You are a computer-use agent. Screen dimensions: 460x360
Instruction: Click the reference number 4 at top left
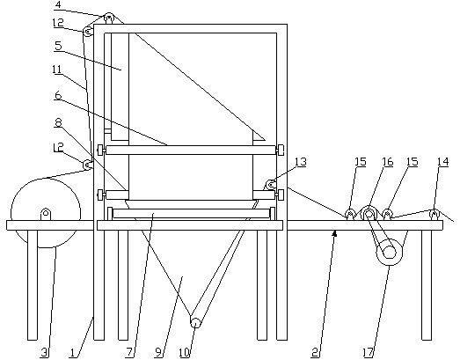click(59, 5)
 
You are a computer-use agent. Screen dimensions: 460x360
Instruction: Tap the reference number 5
click(58, 46)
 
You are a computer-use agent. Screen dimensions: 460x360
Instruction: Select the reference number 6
click(58, 95)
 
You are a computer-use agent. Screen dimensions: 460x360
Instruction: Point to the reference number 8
click(58, 122)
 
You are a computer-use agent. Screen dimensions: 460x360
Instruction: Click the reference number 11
click(57, 70)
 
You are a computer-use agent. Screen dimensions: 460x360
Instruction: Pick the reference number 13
click(301, 161)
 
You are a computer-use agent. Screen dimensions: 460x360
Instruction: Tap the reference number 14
click(443, 161)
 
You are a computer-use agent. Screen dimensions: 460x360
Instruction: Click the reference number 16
click(388, 161)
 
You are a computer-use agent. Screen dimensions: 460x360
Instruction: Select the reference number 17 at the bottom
click(368, 353)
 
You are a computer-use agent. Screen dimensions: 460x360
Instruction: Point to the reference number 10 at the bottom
click(185, 353)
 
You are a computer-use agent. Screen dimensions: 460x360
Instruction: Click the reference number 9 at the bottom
click(158, 353)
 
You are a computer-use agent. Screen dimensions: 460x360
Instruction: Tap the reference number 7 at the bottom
click(129, 353)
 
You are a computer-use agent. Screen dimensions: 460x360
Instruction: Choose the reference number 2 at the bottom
click(315, 353)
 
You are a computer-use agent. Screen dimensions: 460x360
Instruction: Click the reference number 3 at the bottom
click(45, 353)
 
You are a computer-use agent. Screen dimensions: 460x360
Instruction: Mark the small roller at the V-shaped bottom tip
click(195, 322)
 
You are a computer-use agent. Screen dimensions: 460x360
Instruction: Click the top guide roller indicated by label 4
click(109, 18)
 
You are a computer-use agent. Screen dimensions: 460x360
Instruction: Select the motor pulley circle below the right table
click(390, 253)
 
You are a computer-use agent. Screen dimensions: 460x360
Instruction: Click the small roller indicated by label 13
click(270, 185)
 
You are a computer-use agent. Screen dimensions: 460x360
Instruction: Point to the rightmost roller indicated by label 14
click(434, 214)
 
